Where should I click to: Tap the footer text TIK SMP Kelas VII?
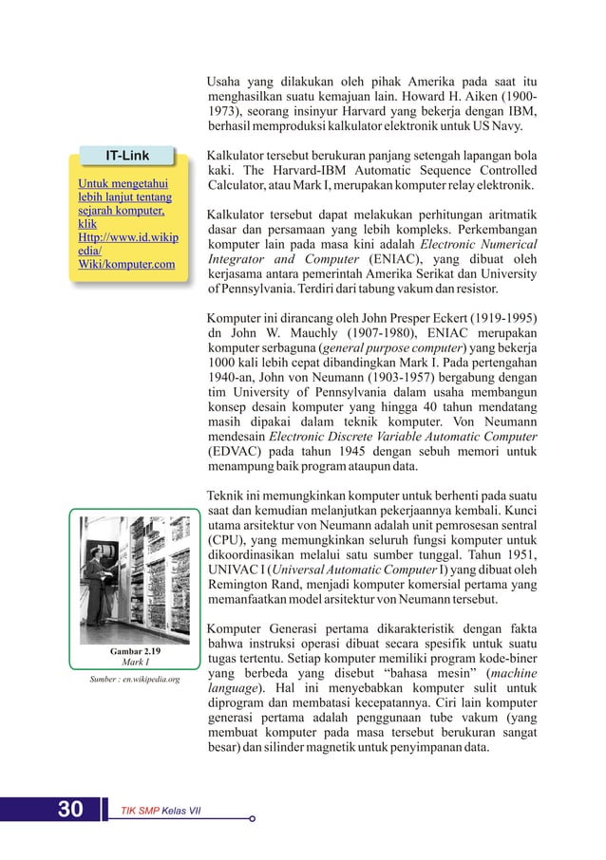(158, 810)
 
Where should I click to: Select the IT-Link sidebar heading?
(126, 155)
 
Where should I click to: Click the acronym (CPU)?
(228, 539)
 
